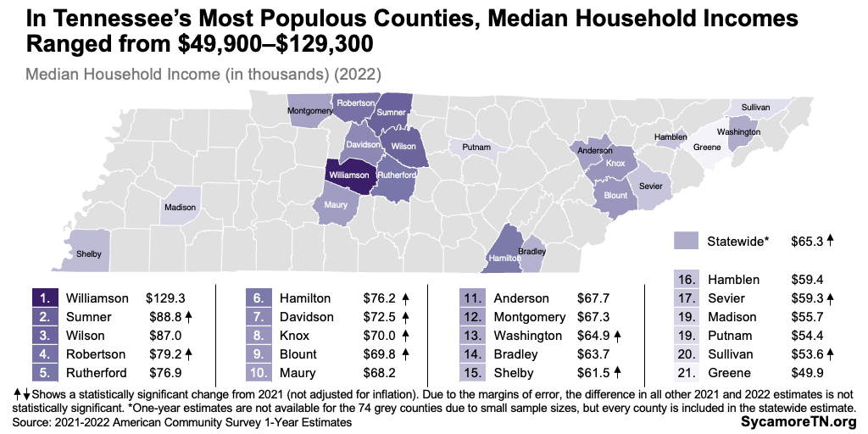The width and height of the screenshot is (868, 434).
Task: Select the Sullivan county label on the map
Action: click(755, 108)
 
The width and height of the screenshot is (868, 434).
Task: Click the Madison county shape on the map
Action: click(180, 207)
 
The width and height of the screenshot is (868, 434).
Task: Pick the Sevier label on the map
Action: click(651, 185)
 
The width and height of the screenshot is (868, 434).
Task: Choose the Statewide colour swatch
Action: click(685, 242)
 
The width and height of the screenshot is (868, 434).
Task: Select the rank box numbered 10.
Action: click(259, 372)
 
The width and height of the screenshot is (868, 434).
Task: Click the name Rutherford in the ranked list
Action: click(97, 372)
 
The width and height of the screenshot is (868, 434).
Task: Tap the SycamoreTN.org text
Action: click(801, 420)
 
